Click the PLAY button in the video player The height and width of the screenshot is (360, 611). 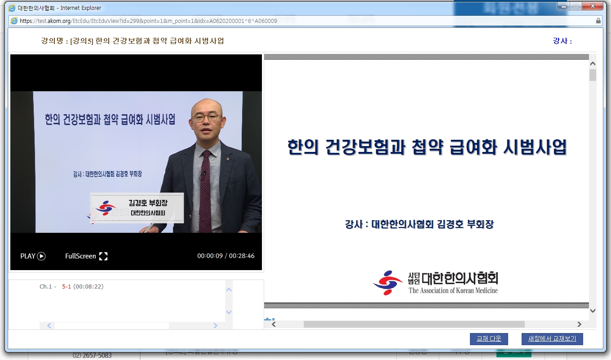coord(33,256)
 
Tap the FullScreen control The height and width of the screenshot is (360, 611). coord(86,256)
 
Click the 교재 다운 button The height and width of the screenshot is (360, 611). coord(489,339)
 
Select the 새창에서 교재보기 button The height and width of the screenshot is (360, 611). coord(552,339)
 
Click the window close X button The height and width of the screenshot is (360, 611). coord(593,6)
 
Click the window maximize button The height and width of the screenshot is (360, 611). coord(576,6)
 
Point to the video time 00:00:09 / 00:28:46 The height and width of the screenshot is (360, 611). coord(226,256)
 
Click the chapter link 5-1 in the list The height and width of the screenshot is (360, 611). coord(66,287)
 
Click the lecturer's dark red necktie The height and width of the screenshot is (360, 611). coord(205,189)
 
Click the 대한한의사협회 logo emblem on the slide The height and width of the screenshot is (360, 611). coord(387,283)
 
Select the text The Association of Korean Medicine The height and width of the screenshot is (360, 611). coord(453,291)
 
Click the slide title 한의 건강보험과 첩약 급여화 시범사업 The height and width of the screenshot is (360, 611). coord(427,147)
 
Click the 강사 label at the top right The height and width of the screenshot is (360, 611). coord(562,41)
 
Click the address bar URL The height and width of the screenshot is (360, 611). coord(148,21)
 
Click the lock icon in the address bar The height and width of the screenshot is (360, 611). coord(598,21)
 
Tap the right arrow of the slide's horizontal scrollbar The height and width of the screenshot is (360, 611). coord(579,324)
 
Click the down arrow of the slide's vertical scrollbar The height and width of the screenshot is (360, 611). coord(593,311)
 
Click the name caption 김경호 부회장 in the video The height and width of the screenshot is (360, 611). coord(147,203)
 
